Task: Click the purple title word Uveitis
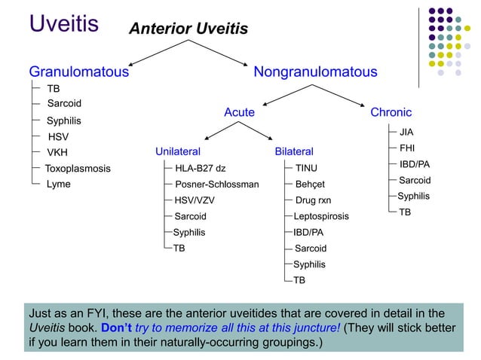coord(63,23)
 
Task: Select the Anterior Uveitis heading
coord(188,29)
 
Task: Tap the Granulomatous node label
coord(78,72)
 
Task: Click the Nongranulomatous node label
coord(315,72)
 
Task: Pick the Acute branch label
coord(239,112)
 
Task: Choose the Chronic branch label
coord(391,112)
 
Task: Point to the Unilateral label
coord(178,152)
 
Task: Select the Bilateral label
coord(294,152)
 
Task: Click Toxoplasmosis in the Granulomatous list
coord(78,168)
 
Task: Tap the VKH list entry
coord(58,152)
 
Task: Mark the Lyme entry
coord(59,184)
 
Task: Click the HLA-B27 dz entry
coord(200,168)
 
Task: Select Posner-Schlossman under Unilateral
coord(216,184)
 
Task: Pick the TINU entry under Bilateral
coord(306,168)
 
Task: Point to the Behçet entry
coord(310,184)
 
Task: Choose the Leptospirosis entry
coord(321,216)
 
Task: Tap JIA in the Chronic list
coord(406,133)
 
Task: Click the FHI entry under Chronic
coord(406,148)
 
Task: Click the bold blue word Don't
coord(115,328)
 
